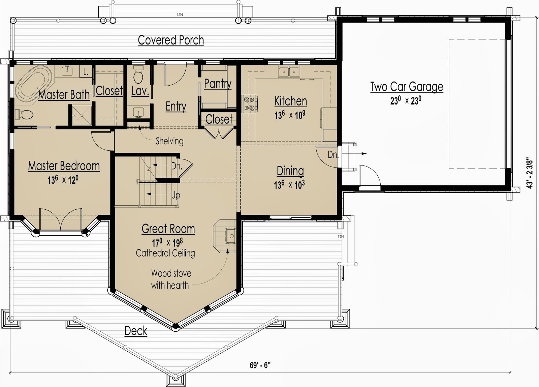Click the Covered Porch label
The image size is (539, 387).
pyautogui.click(x=171, y=40)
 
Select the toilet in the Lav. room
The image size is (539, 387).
pyautogui.click(x=138, y=76)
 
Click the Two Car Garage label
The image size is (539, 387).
pyautogui.click(x=407, y=87)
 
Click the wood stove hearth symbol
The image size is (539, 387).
pyautogui.click(x=226, y=235)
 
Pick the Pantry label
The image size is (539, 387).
pyautogui.click(x=218, y=83)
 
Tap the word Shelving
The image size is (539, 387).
pyautogui.click(x=169, y=141)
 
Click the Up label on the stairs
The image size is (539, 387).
pyautogui.click(x=176, y=195)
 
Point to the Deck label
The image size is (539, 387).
pyautogui.click(x=136, y=331)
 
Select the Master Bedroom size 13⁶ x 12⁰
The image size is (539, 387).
pyautogui.click(x=63, y=180)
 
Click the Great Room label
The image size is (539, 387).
pyautogui.click(x=168, y=229)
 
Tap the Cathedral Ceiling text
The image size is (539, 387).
pyautogui.click(x=165, y=253)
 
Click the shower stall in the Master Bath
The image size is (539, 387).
pyautogui.click(x=81, y=115)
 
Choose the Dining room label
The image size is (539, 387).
pyautogui.click(x=290, y=171)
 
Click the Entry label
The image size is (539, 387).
pyautogui.click(x=176, y=107)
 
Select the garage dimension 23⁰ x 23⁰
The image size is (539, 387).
pyautogui.click(x=406, y=100)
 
